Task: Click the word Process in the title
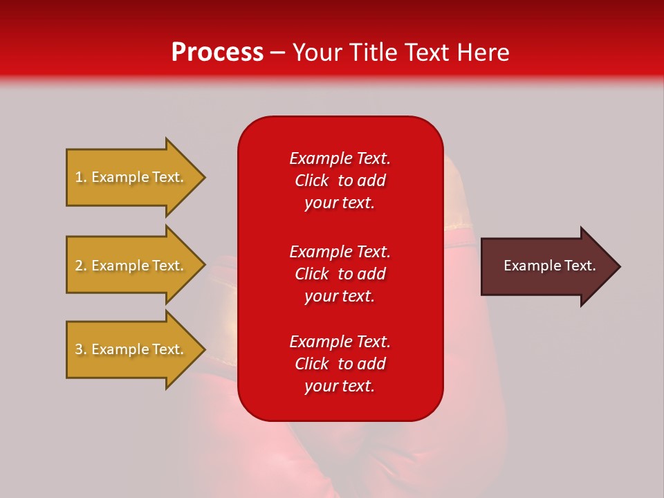click(x=217, y=53)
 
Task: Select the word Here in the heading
click(x=483, y=53)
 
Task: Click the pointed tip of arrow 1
click(x=205, y=178)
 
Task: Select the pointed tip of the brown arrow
click(x=620, y=267)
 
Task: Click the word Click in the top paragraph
click(x=312, y=181)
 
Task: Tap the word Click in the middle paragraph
click(x=312, y=274)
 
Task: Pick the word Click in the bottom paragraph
click(x=312, y=364)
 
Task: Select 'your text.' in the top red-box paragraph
click(x=340, y=203)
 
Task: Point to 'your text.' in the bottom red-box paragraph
click(x=340, y=386)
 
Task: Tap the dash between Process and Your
click(x=277, y=53)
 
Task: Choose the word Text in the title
click(x=427, y=53)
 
